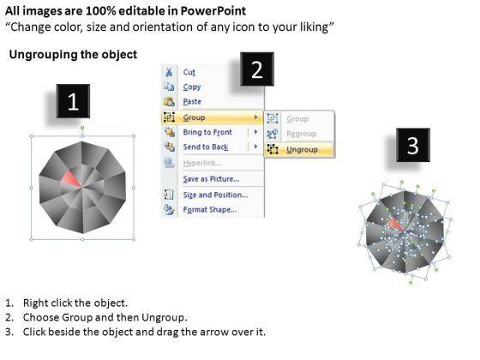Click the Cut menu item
click(x=189, y=72)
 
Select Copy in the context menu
click(x=192, y=87)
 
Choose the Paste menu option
click(x=192, y=102)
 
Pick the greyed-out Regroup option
click(x=301, y=134)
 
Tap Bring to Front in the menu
click(x=207, y=132)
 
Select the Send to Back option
click(x=206, y=147)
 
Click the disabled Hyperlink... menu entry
click(x=202, y=163)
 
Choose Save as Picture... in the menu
click(x=211, y=179)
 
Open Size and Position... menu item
click(x=215, y=195)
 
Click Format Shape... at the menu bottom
click(x=210, y=210)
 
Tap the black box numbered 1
click(x=73, y=101)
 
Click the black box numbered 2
click(x=257, y=69)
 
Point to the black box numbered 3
click(x=413, y=145)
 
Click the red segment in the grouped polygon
click(x=71, y=178)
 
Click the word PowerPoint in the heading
click(x=213, y=11)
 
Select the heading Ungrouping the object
click(x=73, y=55)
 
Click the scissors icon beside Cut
click(x=169, y=72)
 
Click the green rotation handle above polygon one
click(x=82, y=127)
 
